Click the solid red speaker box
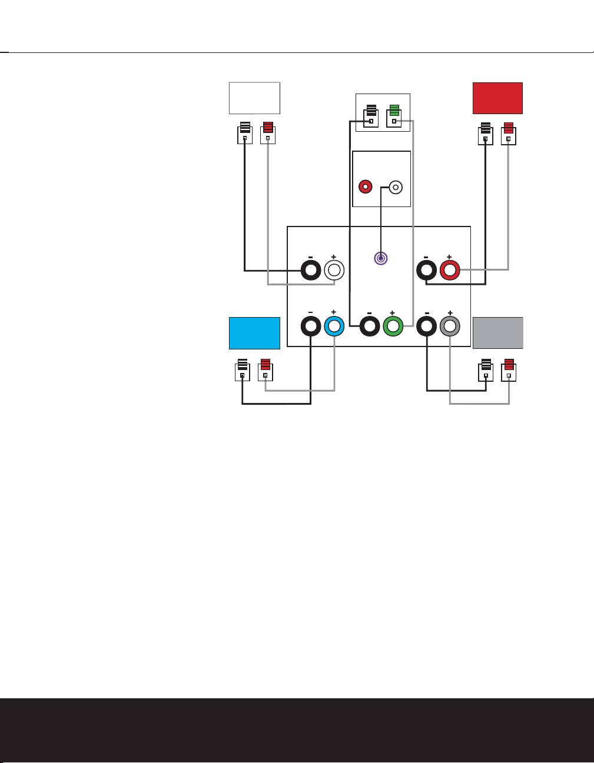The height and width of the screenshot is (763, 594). tap(497, 98)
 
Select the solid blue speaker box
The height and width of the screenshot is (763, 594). tap(254, 333)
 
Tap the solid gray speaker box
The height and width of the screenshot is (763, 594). tap(497, 333)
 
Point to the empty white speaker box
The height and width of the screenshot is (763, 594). tap(254, 98)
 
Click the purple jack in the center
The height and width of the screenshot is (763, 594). tap(381, 258)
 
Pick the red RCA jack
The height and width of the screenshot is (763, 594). tap(366, 188)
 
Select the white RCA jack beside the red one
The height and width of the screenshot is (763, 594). tap(396, 188)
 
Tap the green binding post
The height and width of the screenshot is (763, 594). tap(393, 326)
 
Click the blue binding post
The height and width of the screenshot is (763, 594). tap(334, 326)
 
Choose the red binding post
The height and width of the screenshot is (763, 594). tap(450, 270)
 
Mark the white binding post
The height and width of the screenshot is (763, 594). tap(334, 270)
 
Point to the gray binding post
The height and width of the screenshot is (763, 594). tap(450, 326)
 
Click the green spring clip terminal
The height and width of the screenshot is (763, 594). tap(394, 115)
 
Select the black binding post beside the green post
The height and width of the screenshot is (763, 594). tap(369, 326)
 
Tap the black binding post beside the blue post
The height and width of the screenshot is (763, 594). tap(311, 326)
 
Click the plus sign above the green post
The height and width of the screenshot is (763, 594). tap(392, 314)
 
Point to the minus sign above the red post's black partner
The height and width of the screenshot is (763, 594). tap(426, 257)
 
